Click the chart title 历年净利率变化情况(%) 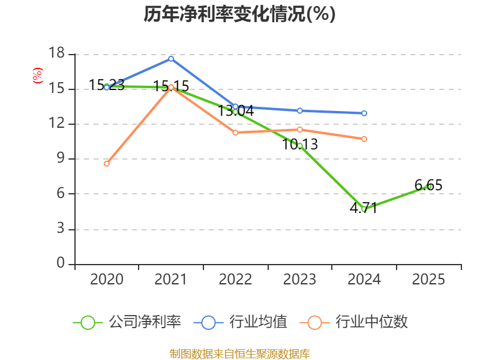point(239,14)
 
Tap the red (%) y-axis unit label point(38,76)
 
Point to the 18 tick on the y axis point(57,53)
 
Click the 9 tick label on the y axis point(61,158)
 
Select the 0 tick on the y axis point(61,263)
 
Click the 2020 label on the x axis point(107,279)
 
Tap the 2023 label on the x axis point(299,279)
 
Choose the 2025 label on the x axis point(428,279)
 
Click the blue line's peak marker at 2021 point(171,59)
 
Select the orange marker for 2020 point(107,164)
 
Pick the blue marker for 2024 point(364,113)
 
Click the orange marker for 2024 point(364,139)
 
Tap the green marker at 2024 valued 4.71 point(364,209)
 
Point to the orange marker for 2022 point(235,133)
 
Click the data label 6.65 point(428,185)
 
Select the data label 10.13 point(300,145)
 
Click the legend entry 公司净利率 point(127,322)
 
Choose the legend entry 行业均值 point(241,322)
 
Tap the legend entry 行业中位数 point(353,322)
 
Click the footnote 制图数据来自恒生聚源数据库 point(240,354)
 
